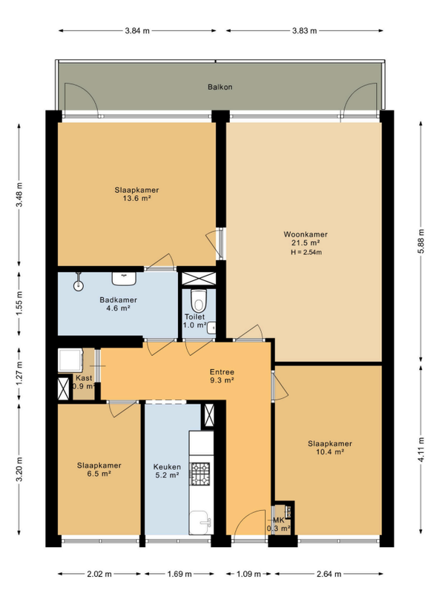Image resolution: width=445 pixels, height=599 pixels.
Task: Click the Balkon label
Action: point(220,87)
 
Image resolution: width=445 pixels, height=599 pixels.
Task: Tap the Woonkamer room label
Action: point(306,234)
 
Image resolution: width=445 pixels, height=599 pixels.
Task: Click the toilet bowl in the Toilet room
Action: point(199,301)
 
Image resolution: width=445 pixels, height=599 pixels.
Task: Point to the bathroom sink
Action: point(124,278)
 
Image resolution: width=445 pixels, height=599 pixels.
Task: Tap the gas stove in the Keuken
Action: point(201,474)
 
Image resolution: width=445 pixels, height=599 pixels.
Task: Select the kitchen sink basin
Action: point(200,523)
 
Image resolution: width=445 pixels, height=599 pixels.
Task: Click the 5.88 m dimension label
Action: point(421,241)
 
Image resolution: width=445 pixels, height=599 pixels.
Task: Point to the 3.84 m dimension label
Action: point(137,31)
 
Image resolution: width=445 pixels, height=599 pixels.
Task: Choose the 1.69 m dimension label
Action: point(179,574)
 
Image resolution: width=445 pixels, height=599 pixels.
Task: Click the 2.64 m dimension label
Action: point(329,574)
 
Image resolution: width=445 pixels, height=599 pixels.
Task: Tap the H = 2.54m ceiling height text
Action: point(306,252)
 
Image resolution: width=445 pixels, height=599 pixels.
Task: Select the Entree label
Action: point(222,371)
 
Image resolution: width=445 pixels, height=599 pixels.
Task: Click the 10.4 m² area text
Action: point(329,452)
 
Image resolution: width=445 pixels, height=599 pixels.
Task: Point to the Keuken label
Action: point(167,467)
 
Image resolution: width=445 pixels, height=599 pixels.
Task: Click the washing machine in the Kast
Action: point(70,360)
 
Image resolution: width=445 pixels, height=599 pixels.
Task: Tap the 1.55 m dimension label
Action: point(19,303)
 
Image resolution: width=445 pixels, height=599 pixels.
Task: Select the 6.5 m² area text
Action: point(99,474)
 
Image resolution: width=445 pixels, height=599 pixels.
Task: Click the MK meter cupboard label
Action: point(278,520)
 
